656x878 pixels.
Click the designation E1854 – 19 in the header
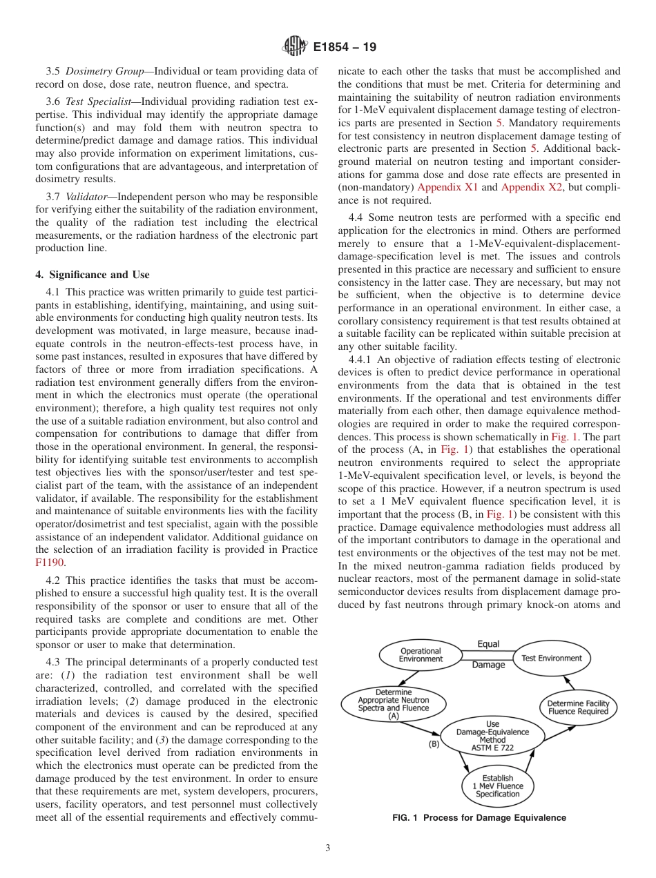tap(343, 48)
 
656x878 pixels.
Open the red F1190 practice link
tap(48, 563)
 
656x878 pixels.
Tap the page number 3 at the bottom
tap(328, 848)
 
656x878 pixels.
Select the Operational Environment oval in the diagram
tap(421, 655)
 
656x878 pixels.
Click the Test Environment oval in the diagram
tap(551, 658)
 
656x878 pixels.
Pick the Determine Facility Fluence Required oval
tap(578, 708)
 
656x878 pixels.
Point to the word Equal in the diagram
tap(488, 644)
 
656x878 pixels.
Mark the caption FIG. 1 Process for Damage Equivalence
tap(479, 818)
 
